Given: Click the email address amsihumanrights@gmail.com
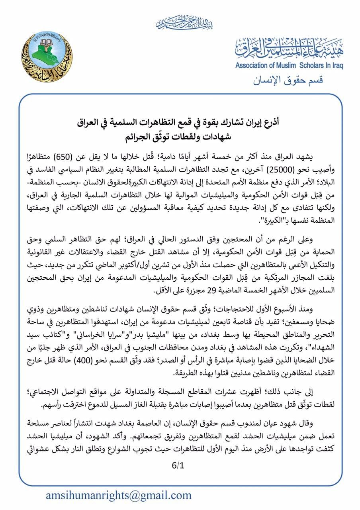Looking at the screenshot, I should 118,495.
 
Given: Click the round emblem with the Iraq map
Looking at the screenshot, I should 47,58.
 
